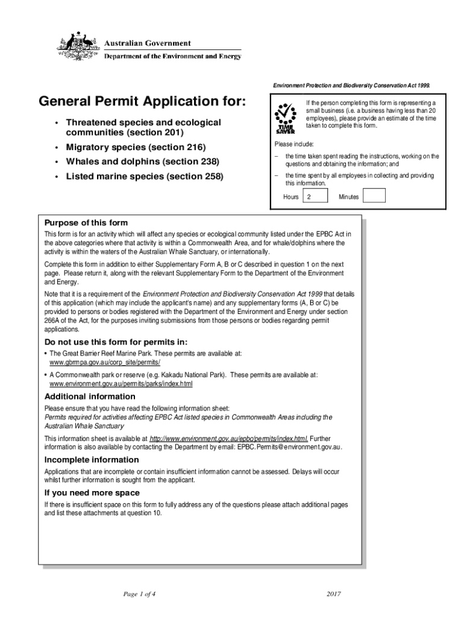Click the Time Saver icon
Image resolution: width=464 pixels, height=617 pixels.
(285, 117)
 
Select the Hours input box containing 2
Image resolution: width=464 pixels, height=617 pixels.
(315, 196)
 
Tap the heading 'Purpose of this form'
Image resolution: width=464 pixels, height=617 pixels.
(86, 222)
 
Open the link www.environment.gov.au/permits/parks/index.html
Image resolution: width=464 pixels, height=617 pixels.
(121, 383)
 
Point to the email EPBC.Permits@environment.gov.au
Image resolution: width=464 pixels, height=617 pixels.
(289, 446)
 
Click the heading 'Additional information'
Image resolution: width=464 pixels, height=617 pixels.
(90, 396)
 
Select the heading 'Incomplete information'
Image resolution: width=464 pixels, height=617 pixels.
(92, 460)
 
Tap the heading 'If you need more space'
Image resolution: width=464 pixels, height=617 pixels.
(92, 493)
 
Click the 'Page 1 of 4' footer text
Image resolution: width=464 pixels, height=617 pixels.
(139, 594)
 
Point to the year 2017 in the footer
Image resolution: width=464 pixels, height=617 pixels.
(334, 594)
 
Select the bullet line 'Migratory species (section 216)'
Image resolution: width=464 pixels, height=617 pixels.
(136, 147)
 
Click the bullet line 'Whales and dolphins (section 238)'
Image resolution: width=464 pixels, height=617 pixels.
(142, 161)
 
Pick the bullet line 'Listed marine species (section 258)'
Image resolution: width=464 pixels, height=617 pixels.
(145, 177)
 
